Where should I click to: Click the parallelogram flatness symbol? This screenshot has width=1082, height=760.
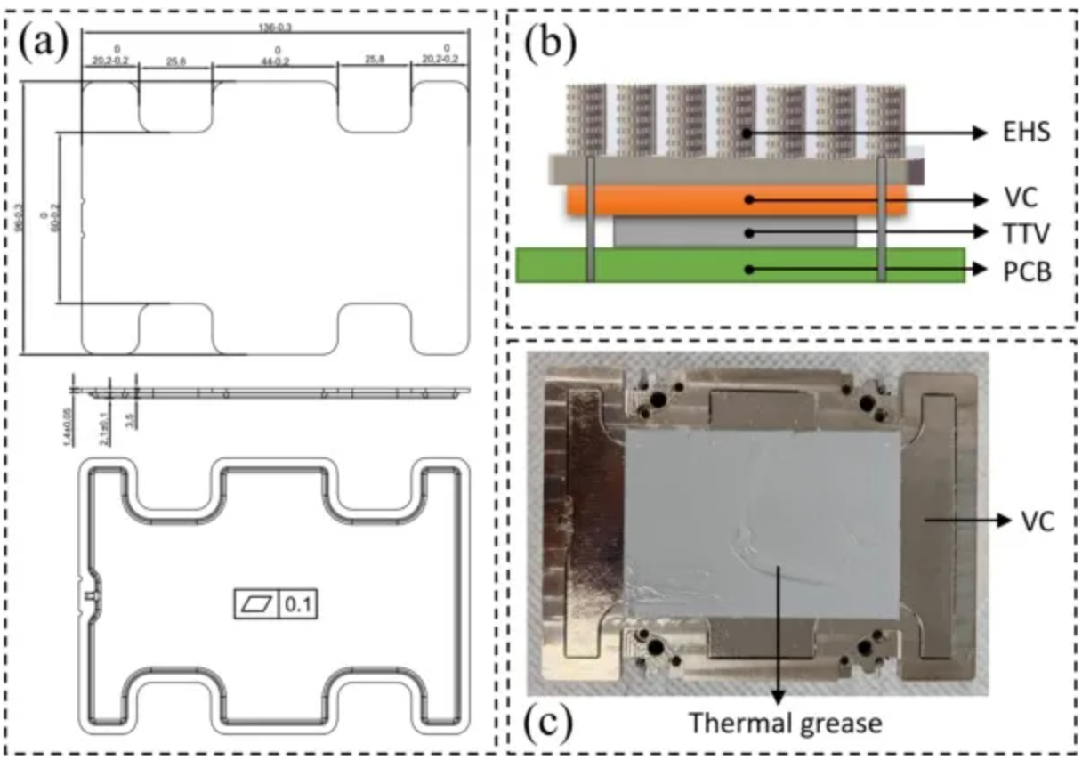pyautogui.click(x=256, y=605)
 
